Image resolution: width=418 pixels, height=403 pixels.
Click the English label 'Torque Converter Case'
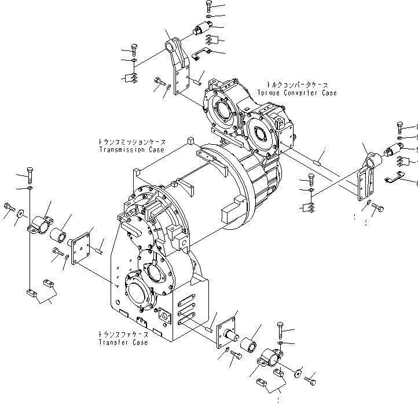(296, 93)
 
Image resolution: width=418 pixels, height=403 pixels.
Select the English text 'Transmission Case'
(131, 149)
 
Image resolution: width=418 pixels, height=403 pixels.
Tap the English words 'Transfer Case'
(123, 342)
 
